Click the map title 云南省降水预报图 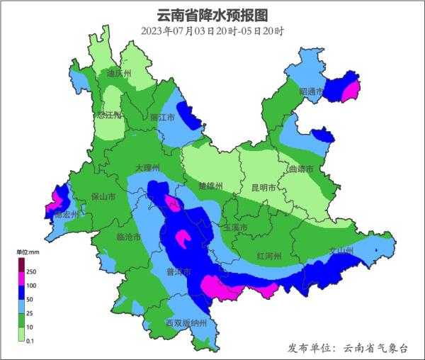click(x=212, y=13)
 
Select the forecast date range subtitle click(x=212, y=30)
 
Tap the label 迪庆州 click(x=119, y=73)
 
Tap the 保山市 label click(x=104, y=197)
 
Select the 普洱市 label click(x=178, y=272)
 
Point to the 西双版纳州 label click(x=186, y=323)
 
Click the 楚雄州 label click(x=210, y=186)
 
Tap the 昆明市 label click(x=264, y=188)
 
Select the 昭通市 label click(x=311, y=92)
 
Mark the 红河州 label click(x=269, y=255)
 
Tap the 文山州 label click(x=341, y=251)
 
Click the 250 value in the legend click(x=31, y=272)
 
